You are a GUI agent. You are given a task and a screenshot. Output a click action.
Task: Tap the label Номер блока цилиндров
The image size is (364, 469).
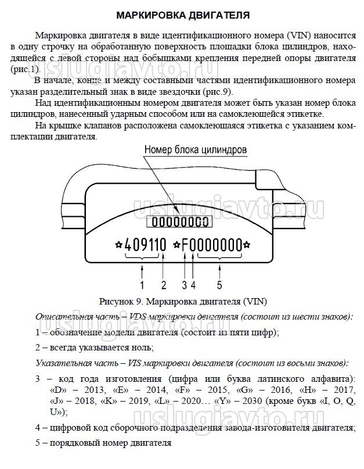click(196, 149)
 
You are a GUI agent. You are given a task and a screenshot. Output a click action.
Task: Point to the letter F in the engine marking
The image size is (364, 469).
click(185, 244)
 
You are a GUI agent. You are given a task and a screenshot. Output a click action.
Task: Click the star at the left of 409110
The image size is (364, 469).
click(119, 244)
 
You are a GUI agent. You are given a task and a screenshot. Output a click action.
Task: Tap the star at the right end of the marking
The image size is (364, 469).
click(247, 244)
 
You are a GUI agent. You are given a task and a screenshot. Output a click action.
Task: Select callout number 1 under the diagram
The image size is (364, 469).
click(142, 284)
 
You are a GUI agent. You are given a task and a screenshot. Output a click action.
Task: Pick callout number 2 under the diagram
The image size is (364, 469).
click(164, 284)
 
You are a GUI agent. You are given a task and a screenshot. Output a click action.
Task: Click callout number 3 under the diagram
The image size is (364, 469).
click(185, 284)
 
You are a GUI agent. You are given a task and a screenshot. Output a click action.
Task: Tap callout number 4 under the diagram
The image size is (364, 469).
click(193, 284)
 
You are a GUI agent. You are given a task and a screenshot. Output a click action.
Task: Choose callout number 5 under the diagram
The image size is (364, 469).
click(219, 284)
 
